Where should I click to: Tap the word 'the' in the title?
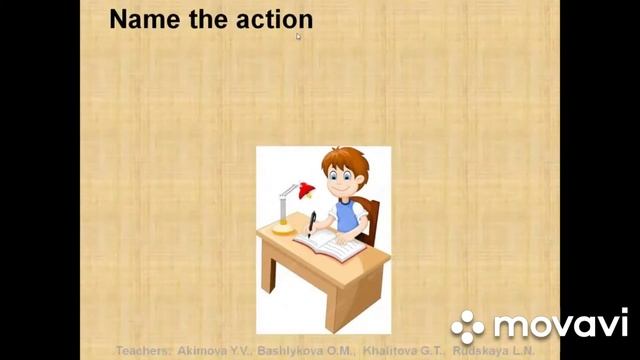(208, 19)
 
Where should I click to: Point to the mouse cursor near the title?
(298, 36)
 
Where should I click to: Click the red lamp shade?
(304, 189)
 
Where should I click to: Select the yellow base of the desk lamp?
(283, 227)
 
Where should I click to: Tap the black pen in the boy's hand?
(311, 219)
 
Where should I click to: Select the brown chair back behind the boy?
(369, 214)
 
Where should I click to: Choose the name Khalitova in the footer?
(388, 351)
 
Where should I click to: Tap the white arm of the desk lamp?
(287, 198)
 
